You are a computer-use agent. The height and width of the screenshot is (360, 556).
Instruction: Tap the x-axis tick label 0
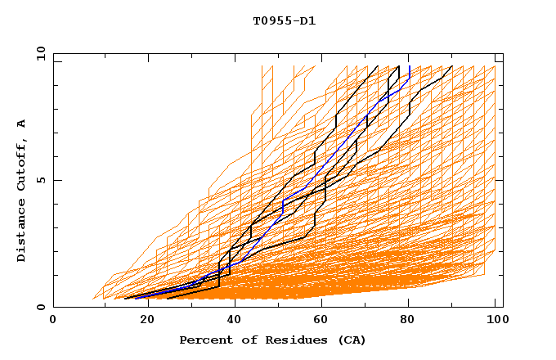tap(54, 320)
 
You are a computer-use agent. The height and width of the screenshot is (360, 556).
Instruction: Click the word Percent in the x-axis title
tap(204, 340)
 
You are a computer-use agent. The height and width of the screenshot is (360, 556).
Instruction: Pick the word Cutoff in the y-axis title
tap(22, 164)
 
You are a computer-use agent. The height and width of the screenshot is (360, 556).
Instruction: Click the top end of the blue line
tap(410, 66)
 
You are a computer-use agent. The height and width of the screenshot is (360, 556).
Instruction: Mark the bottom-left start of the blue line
tap(136, 298)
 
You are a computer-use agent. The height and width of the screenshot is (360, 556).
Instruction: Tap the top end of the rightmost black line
tap(452, 66)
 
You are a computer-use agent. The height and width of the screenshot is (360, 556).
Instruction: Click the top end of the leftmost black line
tap(378, 66)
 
